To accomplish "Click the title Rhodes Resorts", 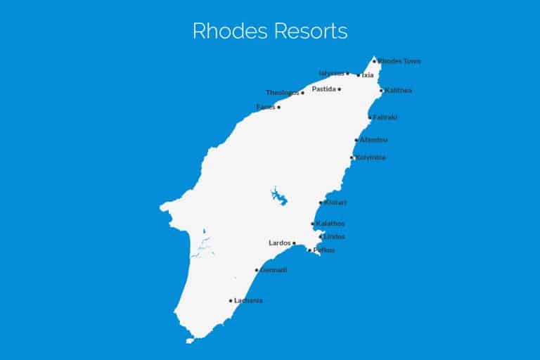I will click(270, 31).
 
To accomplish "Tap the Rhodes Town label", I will click(399, 61).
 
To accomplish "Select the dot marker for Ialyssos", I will click(347, 73).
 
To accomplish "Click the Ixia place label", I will click(368, 75).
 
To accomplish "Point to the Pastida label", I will click(323, 89).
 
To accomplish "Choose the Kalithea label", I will click(399, 91).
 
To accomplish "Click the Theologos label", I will click(283, 93).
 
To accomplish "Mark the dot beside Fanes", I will click(278, 108).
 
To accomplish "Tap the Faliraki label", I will click(385, 117).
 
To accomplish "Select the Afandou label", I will click(373, 140).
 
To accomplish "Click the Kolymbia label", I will click(371, 157).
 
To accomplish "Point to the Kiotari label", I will click(335, 202).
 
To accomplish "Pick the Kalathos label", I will click(330, 224).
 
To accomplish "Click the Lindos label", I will click(334, 237).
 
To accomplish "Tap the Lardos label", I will click(280, 243).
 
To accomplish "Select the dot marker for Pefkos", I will click(309, 250).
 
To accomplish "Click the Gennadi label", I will click(274, 270).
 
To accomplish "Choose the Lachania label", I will click(248, 301).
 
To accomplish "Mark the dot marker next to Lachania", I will click(231, 301).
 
